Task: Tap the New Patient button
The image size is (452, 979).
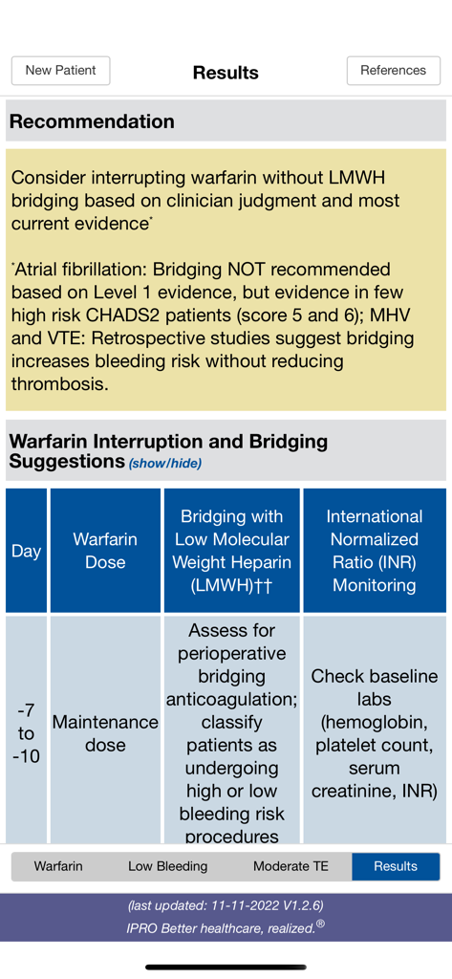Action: pos(60,71)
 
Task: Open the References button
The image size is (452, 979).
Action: pos(393,71)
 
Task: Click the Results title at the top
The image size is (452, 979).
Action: pos(226,73)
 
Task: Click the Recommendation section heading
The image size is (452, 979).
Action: pos(92,121)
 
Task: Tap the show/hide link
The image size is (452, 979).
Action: pos(165,464)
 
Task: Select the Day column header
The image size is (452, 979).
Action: pos(26,551)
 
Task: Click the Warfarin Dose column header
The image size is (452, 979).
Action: pos(105,551)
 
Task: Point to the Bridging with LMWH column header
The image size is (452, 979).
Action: pos(232,551)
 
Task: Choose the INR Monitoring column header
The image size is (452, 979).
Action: pos(374,551)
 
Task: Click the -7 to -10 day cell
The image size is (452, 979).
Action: pos(26,733)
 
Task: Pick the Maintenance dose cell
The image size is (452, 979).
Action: pos(105,733)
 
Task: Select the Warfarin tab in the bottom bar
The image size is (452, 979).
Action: pos(58,866)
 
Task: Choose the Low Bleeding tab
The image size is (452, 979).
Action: pos(167,866)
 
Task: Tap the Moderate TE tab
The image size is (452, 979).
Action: pos(291,866)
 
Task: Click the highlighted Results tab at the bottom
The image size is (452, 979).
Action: pos(396,866)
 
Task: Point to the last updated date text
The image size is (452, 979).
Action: pos(226,904)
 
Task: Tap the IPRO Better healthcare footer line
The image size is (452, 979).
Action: pos(226,926)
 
